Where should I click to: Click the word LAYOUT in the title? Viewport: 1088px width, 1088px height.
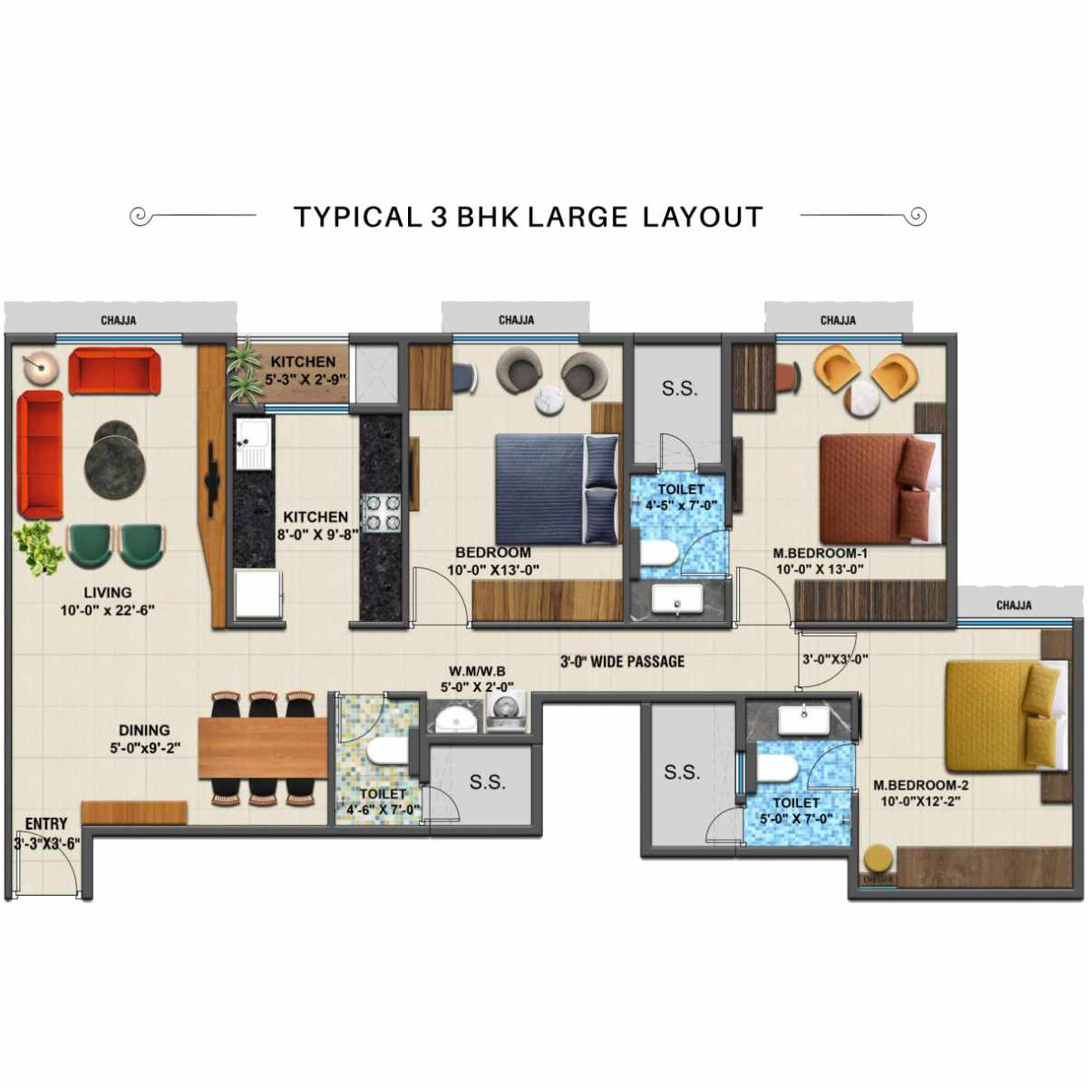[703, 218]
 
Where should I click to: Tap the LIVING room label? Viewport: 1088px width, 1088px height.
[107, 592]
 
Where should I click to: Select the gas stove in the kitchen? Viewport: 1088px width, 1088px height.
[382, 512]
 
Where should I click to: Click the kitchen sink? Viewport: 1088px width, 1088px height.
[253, 444]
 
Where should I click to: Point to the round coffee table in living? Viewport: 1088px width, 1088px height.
[115, 459]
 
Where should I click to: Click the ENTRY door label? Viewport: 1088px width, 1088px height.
[46, 824]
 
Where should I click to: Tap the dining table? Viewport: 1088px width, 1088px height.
[262, 747]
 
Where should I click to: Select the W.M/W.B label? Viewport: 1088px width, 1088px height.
[477, 672]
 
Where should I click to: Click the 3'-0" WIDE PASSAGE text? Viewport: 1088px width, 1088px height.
[622, 661]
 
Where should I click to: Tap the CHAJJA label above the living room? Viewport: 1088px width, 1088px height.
[119, 320]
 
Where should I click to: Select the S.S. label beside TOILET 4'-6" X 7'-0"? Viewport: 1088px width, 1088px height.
[487, 782]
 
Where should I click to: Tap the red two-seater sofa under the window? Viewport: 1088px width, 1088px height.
[114, 371]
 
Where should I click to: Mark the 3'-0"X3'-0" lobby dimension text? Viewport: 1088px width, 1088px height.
[834, 659]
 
